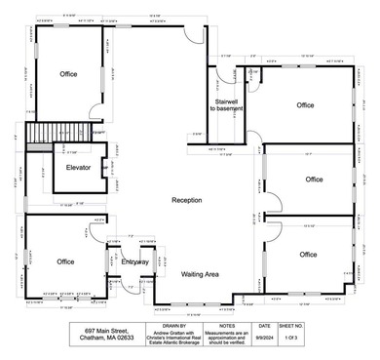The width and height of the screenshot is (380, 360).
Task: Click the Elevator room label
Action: [x=78, y=168]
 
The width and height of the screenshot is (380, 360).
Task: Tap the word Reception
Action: [x=186, y=200]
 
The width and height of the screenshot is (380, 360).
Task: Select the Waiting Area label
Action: [x=200, y=275]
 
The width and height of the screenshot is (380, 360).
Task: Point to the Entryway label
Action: [x=135, y=262]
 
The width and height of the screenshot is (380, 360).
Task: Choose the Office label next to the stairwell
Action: [x=306, y=105]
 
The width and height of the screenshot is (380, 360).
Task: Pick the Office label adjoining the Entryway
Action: [x=65, y=261]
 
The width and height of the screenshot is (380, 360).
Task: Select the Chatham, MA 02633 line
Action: [x=102, y=340]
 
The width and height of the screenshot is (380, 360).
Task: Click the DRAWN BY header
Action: [x=171, y=326]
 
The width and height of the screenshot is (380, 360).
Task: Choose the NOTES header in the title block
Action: [x=227, y=326]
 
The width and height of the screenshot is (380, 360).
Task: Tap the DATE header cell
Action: [x=265, y=326]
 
